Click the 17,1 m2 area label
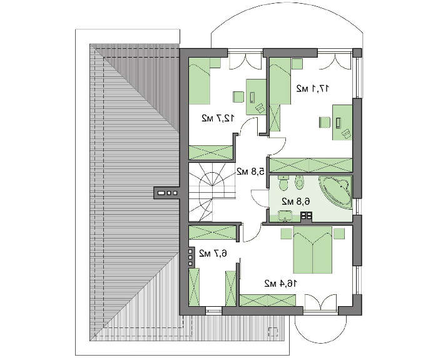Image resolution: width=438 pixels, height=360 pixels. pyautogui.click(x=313, y=89)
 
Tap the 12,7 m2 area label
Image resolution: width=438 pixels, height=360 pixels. pyautogui.click(x=218, y=118)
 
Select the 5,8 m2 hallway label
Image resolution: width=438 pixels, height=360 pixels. pyautogui.click(x=250, y=171)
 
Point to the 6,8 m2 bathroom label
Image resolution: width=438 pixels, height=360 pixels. pyautogui.click(x=296, y=201)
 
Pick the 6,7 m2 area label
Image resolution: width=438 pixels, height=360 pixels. pyautogui.click(x=213, y=254)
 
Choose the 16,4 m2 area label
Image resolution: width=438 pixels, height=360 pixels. pyautogui.click(x=281, y=284)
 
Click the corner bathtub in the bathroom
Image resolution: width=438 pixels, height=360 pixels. pyautogui.click(x=335, y=192)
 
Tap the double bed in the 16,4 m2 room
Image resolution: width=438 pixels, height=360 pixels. pyautogui.click(x=313, y=250)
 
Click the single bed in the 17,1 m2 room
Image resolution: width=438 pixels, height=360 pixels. pyautogui.click(x=280, y=81)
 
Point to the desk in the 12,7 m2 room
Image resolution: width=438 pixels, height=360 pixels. pyautogui.click(x=256, y=96)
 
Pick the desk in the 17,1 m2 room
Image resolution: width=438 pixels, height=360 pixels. pyautogui.click(x=342, y=122)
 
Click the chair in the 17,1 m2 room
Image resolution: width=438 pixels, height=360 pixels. pyautogui.click(x=325, y=123)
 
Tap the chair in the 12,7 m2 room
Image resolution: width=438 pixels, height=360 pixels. pyautogui.click(x=238, y=97)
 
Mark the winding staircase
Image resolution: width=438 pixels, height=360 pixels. pyautogui.click(x=212, y=193)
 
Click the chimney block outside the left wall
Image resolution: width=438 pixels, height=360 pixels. pyautogui.click(x=166, y=193)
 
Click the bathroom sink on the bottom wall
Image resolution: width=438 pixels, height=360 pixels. pyautogui.click(x=285, y=216)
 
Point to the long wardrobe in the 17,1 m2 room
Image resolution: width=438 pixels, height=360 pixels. pyautogui.click(x=310, y=165)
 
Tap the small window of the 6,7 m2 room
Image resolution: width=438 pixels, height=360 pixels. pyautogui.click(x=214, y=311)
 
